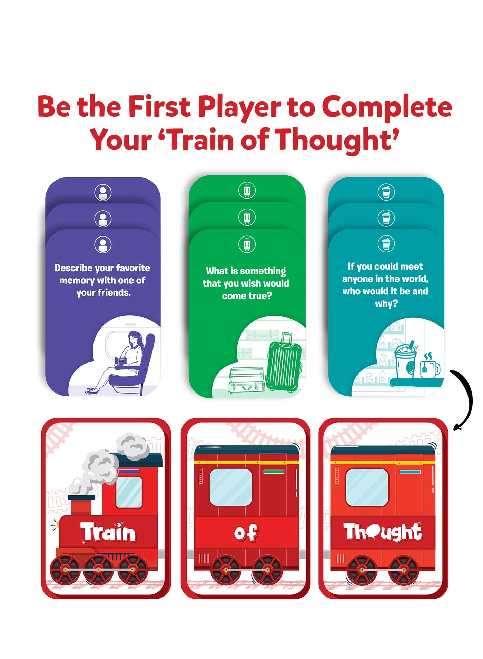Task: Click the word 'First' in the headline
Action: [159, 106]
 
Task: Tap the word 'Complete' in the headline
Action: [387, 107]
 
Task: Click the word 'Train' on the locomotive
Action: [108, 532]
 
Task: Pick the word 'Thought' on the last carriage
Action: [382, 532]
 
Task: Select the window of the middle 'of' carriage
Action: [231, 487]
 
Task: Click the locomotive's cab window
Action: [129, 492]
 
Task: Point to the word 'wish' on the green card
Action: [255, 283]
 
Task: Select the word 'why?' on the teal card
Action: [386, 304]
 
